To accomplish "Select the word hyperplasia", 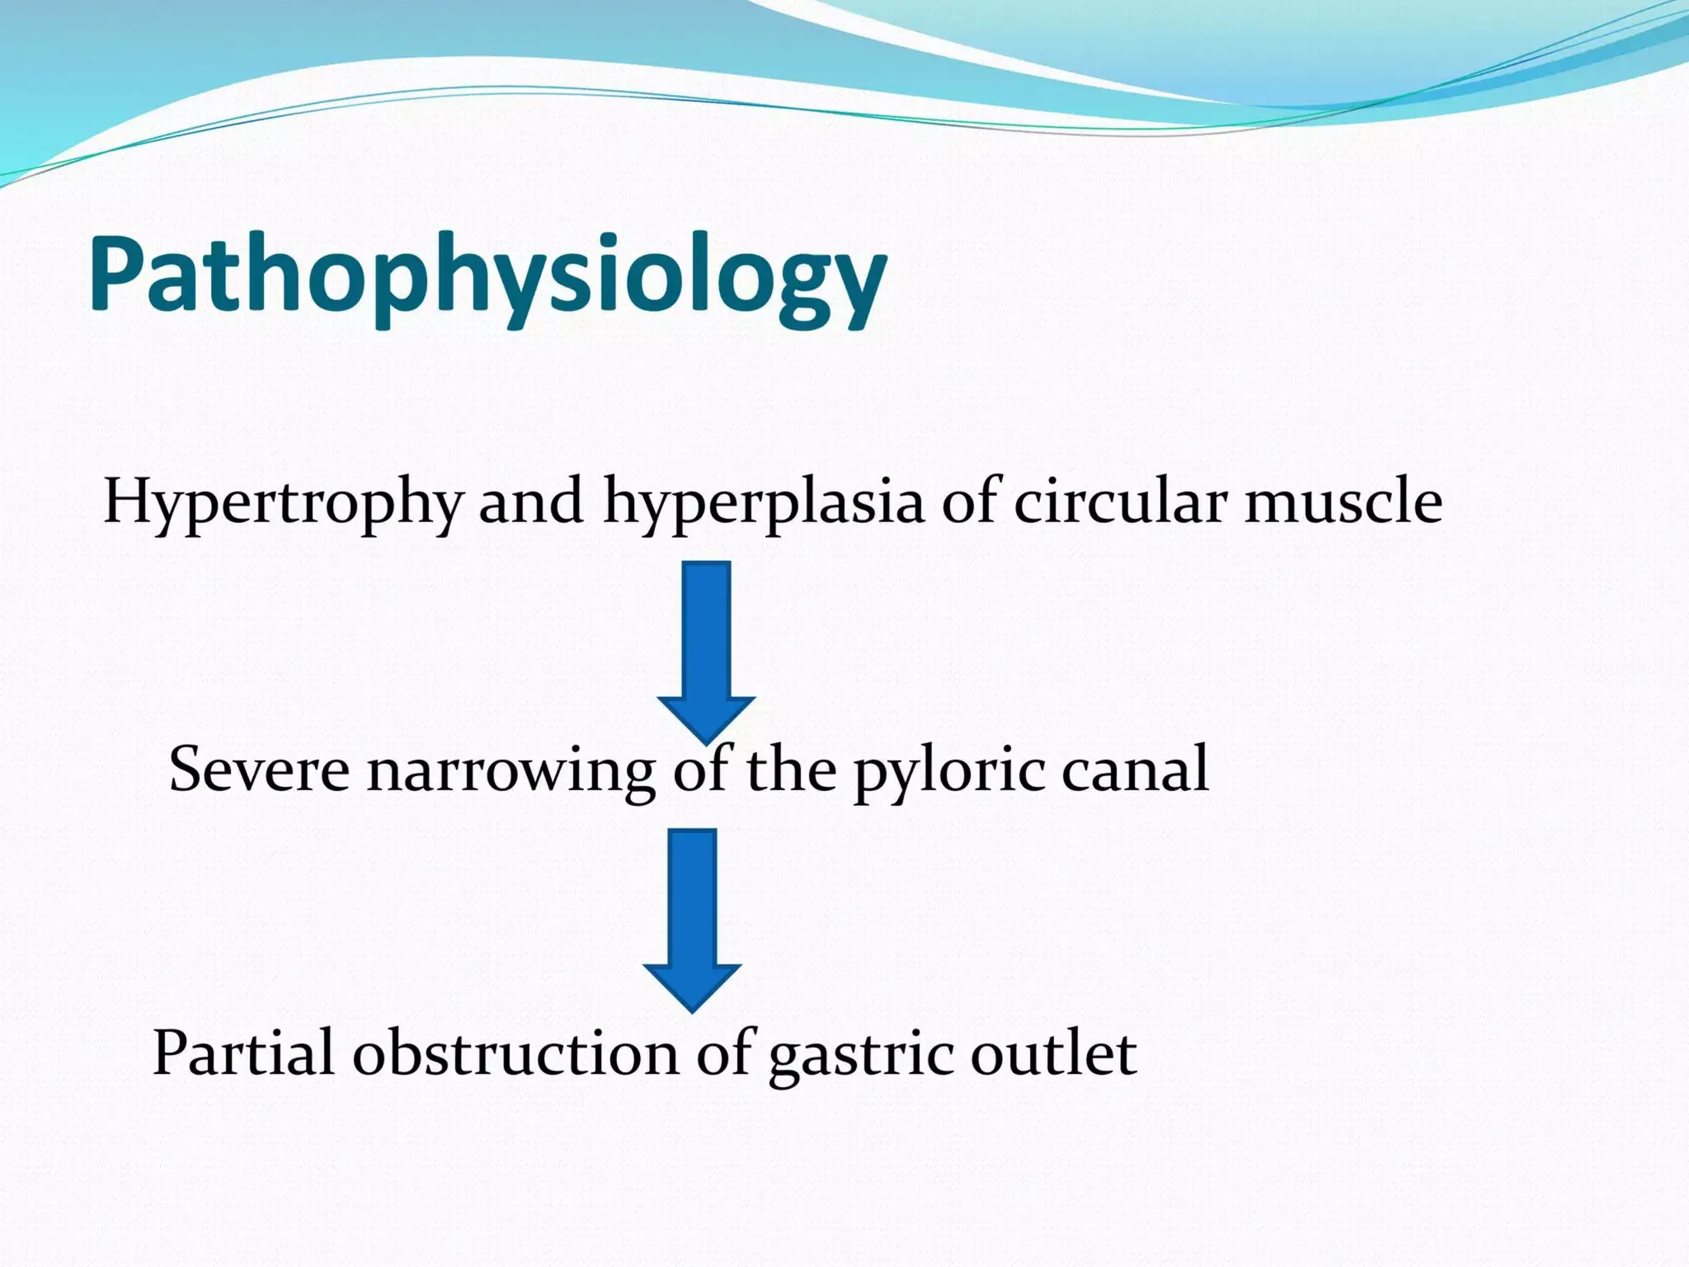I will tap(763, 503).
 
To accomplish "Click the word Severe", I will tap(259, 770).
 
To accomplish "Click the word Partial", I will tap(243, 1053).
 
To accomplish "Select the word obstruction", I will tap(515, 1053).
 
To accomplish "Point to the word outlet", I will tap(1053, 1053).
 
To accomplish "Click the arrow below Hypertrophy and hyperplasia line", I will tap(706, 643).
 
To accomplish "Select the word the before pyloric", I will tap(791, 769).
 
